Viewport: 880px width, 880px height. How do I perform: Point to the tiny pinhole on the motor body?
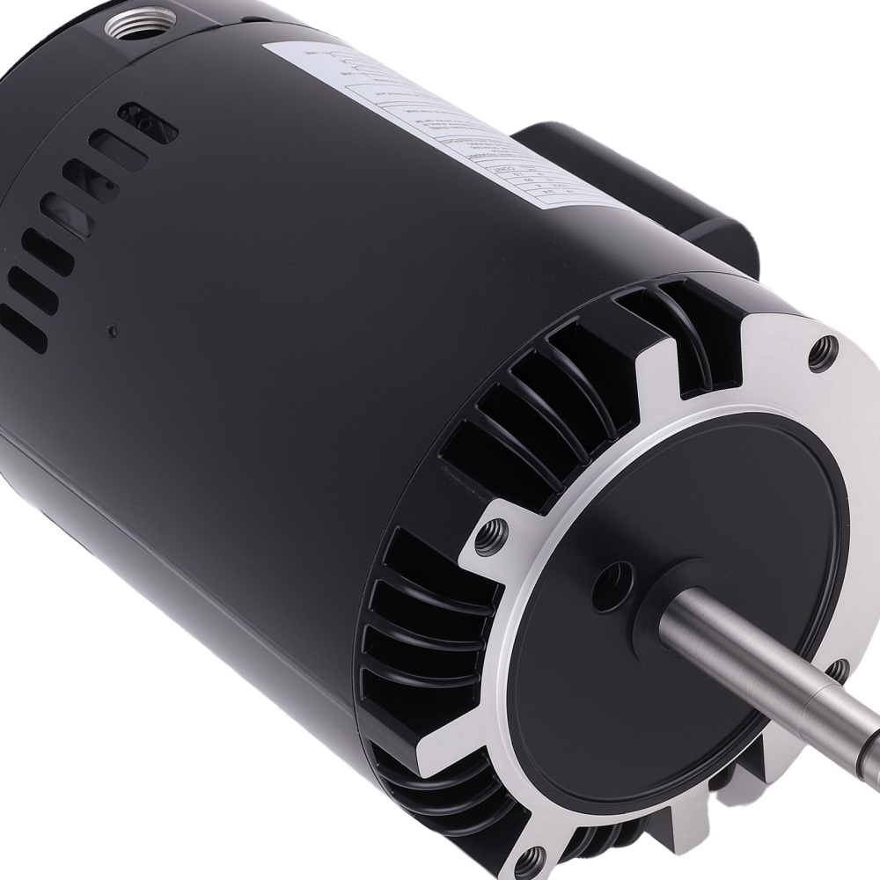pyautogui.click(x=113, y=331)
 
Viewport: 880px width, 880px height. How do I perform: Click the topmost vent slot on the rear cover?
pyautogui.click(x=148, y=122)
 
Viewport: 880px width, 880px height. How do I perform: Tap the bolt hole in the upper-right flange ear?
pyautogui.click(x=824, y=354)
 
